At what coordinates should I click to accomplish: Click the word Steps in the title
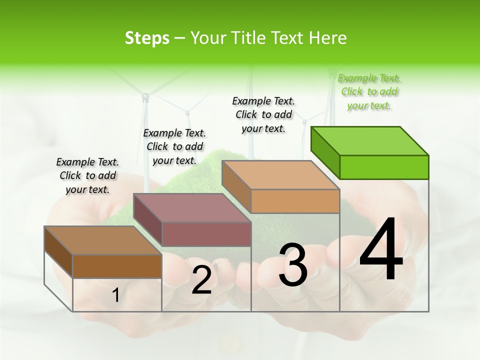tap(147, 38)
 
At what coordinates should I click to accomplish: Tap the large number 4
tap(381, 250)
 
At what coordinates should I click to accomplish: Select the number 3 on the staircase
tap(293, 265)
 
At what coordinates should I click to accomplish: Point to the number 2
tap(201, 280)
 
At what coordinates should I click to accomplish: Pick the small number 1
tap(115, 295)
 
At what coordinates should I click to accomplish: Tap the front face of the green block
tap(384, 167)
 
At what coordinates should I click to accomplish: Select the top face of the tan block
tap(280, 175)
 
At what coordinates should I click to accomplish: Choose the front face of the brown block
tap(117, 266)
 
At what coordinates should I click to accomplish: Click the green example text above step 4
tap(369, 92)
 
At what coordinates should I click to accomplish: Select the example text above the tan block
tap(263, 114)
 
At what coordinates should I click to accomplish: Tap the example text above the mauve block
tap(174, 146)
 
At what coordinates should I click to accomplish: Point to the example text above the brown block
tap(87, 175)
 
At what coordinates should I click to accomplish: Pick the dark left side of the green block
tap(325, 152)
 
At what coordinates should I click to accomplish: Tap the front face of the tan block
tap(295, 201)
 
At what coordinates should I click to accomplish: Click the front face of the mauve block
tap(206, 234)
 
